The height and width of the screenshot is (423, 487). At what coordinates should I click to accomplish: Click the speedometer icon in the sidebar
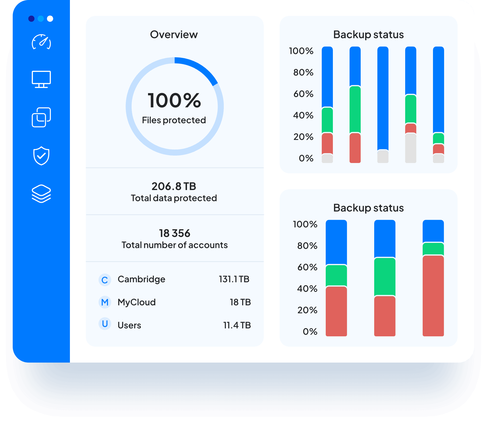pos(41,42)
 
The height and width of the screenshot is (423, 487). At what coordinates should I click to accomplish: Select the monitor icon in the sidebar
pos(41,79)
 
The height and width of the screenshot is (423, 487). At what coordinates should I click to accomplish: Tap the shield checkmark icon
pos(41,156)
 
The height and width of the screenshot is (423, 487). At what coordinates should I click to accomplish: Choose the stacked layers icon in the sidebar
pos(41,194)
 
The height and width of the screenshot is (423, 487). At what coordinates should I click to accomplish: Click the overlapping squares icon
pos(41,117)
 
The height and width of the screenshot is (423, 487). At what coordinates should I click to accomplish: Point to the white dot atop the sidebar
pos(50,19)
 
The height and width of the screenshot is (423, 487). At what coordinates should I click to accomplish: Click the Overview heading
pos(174,35)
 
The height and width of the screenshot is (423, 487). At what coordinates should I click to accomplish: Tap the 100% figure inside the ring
pos(175,100)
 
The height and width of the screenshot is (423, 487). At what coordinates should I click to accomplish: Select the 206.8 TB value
pos(174,186)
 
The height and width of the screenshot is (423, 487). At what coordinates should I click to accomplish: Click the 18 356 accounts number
pos(175,233)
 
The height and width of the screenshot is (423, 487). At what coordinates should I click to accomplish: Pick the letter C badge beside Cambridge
pos(105,280)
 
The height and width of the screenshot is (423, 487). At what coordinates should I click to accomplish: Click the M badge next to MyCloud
pos(105,302)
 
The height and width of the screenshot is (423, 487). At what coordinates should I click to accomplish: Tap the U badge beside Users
pos(105,324)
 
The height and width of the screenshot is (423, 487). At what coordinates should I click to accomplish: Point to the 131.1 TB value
pos(234,279)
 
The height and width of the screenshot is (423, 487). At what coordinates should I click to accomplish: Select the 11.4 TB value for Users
pos(237,325)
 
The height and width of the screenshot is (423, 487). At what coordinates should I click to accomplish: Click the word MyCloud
pos(137,302)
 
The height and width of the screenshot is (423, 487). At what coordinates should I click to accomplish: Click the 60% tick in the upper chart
pos(303,94)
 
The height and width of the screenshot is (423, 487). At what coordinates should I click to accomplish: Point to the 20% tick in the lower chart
pos(307,310)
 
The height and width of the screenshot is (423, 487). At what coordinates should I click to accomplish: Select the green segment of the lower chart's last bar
pos(433,249)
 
